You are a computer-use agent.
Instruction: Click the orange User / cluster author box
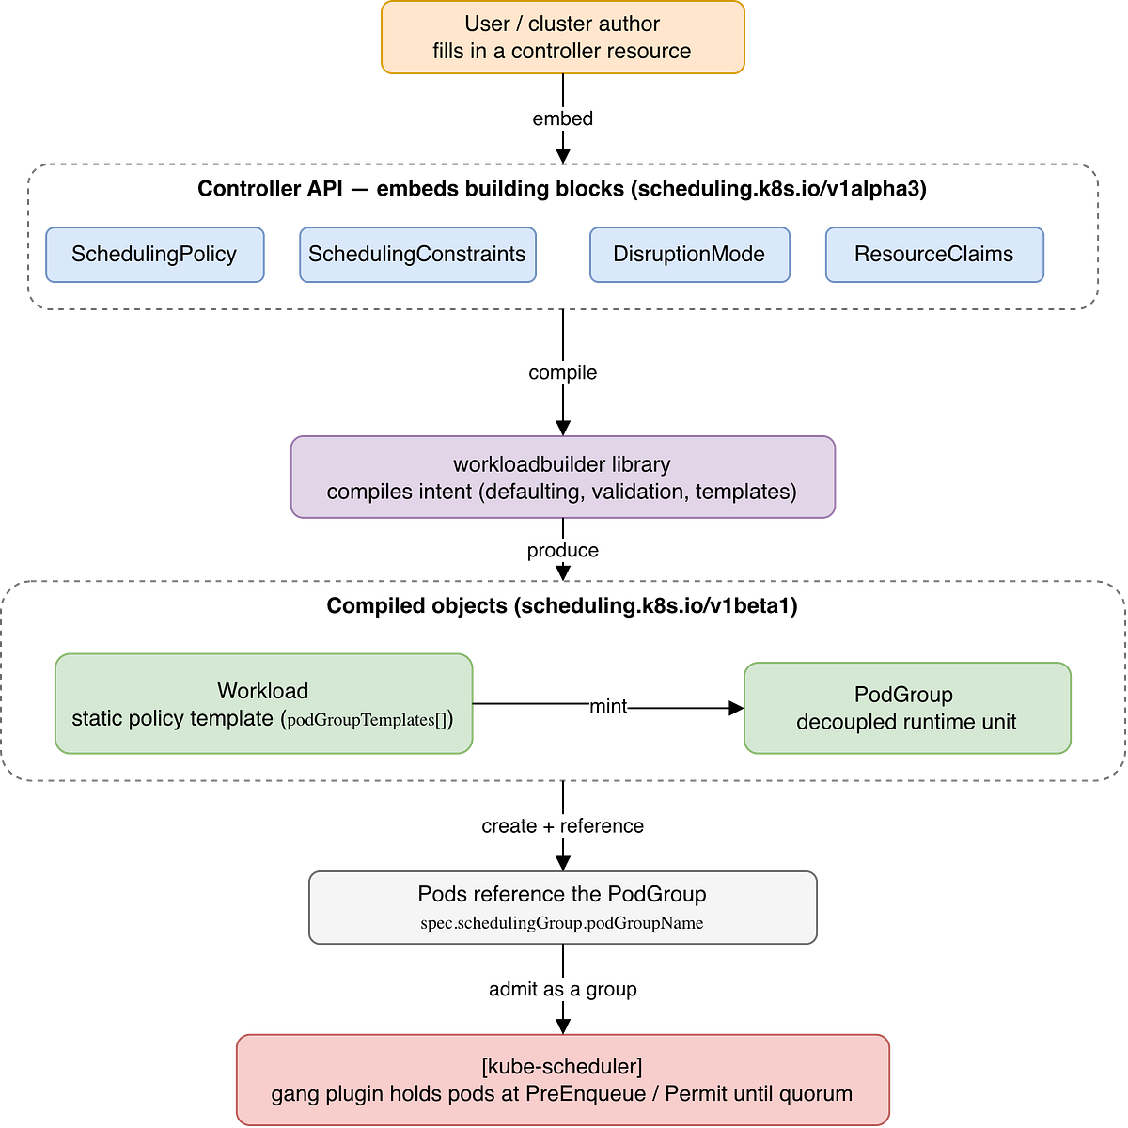[x=562, y=38]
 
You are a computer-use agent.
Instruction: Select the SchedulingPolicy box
[x=155, y=255]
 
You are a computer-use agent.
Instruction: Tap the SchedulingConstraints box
[x=418, y=255]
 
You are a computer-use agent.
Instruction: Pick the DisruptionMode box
[x=690, y=255]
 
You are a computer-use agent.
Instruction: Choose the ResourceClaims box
[x=934, y=255]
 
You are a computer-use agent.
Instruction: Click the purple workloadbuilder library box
[x=562, y=477]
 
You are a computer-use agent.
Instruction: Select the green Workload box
[x=263, y=704]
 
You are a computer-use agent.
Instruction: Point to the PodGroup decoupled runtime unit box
[x=907, y=709]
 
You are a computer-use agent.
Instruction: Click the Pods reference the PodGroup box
[x=562, y=907]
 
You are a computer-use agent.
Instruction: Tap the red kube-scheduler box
[x=562, y=1079]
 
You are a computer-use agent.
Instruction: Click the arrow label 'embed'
[x=562, y=118]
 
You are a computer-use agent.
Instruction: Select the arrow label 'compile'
[x=562, y=373]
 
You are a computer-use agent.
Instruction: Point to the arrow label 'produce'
[x=562, y=550]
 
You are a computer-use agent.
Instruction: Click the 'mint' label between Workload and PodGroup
[x=608, y=706]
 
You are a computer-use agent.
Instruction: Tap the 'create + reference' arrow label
[x=562, y=826]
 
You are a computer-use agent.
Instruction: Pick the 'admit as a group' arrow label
[x=562, y=989]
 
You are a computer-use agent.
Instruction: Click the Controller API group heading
[x=562, y=189]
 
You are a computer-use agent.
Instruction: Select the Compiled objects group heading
[x=562, y=606]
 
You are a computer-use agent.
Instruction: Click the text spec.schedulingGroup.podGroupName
[x=562, y=923]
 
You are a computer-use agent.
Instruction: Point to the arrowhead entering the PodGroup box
[x=736, y=709]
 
